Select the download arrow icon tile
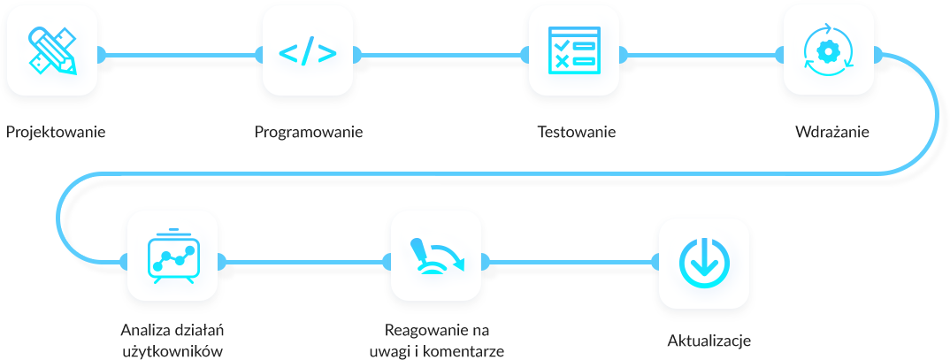click(703, 263)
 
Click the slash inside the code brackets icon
click(307, 52)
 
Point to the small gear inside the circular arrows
click(828, 52)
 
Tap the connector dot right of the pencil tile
click(102, 56)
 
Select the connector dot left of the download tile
click(656, 262)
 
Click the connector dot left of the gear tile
click(779, 56)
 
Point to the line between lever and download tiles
click(571, 261)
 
